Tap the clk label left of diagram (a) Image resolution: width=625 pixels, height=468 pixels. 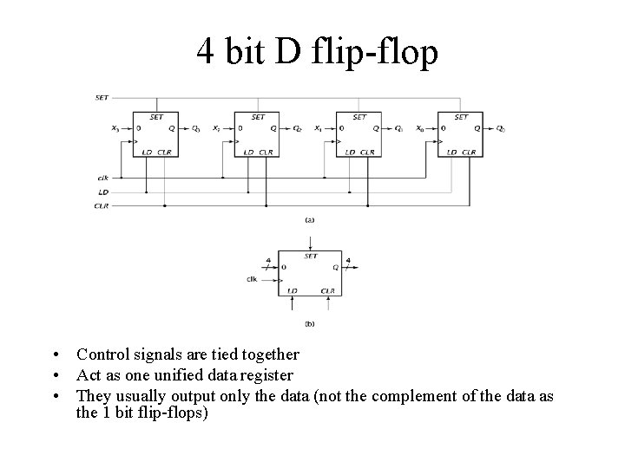(x=103, y=178)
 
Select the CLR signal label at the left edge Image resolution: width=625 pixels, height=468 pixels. (x=102, y=205)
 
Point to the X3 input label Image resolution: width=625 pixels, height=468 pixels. (x=116, y=129)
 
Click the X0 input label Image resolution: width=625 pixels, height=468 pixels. (x=420, y=129)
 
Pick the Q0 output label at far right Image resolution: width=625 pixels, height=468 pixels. (x=500, y=129)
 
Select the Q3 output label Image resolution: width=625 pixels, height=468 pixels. (x=196, y=129)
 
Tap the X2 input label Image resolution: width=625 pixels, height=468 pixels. (x=217, y=129)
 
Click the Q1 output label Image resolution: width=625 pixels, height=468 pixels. (x=398, y=129)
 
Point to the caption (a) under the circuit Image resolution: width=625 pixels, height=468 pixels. (x=310, y=220)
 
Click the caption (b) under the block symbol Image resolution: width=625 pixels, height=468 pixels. (x=310, y=323)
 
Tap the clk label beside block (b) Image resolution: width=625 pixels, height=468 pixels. (x=252, y=278)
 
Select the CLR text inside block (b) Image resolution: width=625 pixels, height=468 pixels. (x=327, y=291)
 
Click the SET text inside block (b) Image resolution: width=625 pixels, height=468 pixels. (x=311, y=256)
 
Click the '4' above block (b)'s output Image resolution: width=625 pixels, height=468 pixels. (x=348, y=259)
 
